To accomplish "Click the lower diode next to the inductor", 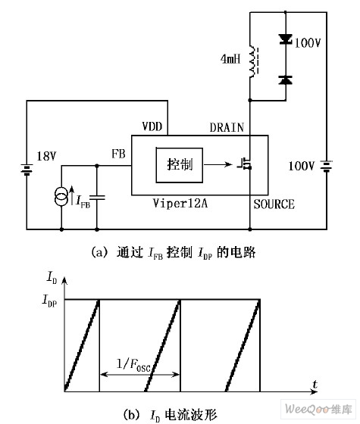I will tap(284, 79).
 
